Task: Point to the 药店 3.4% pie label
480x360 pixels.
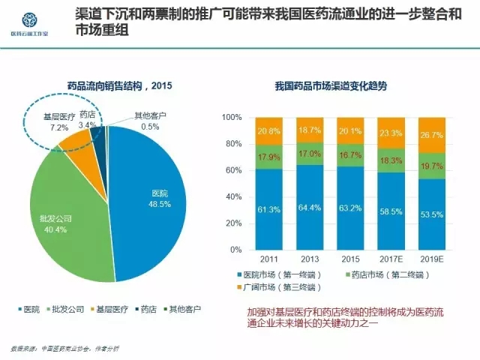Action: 87,119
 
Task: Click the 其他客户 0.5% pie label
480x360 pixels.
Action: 150,121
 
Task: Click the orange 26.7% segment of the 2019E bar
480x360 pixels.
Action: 431,135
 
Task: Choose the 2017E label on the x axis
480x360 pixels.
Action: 390,259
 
